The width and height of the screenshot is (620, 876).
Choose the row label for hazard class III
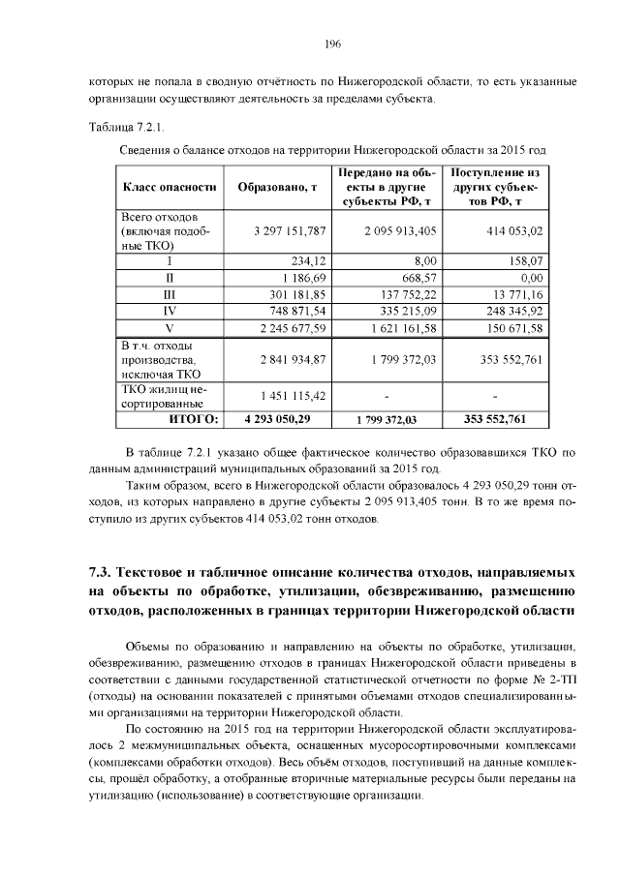pos(170,293)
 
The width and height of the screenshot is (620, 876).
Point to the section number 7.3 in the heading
pos(103,569)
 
